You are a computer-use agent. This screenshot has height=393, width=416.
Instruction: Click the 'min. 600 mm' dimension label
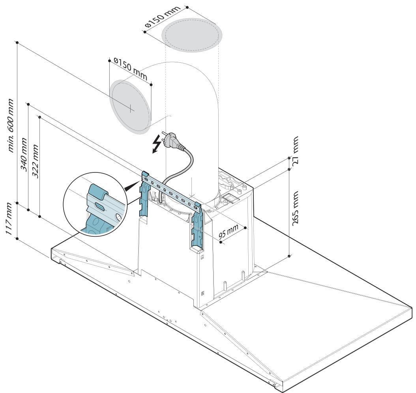pos(10,125)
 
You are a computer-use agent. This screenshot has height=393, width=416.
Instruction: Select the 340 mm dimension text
pos(24,154)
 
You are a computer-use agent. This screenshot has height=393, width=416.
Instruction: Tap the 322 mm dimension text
pos(35,161)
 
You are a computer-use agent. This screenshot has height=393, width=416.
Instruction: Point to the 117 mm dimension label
pos(9,218)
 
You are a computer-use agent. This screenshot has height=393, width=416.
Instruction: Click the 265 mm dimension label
pos(295,208)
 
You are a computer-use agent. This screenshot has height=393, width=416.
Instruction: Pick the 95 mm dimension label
pos(229,231)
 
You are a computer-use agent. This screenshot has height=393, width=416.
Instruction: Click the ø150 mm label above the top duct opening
pos(163,16)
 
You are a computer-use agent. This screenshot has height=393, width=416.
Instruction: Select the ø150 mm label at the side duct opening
pos(130,69)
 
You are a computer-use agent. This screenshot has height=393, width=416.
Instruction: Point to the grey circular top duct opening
pos(192,35)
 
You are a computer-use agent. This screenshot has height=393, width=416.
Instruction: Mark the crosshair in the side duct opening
pos(131,109)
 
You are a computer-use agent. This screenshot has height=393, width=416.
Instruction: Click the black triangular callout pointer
pos(131,186)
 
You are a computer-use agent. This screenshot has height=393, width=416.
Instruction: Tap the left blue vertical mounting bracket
pos(145,195)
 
